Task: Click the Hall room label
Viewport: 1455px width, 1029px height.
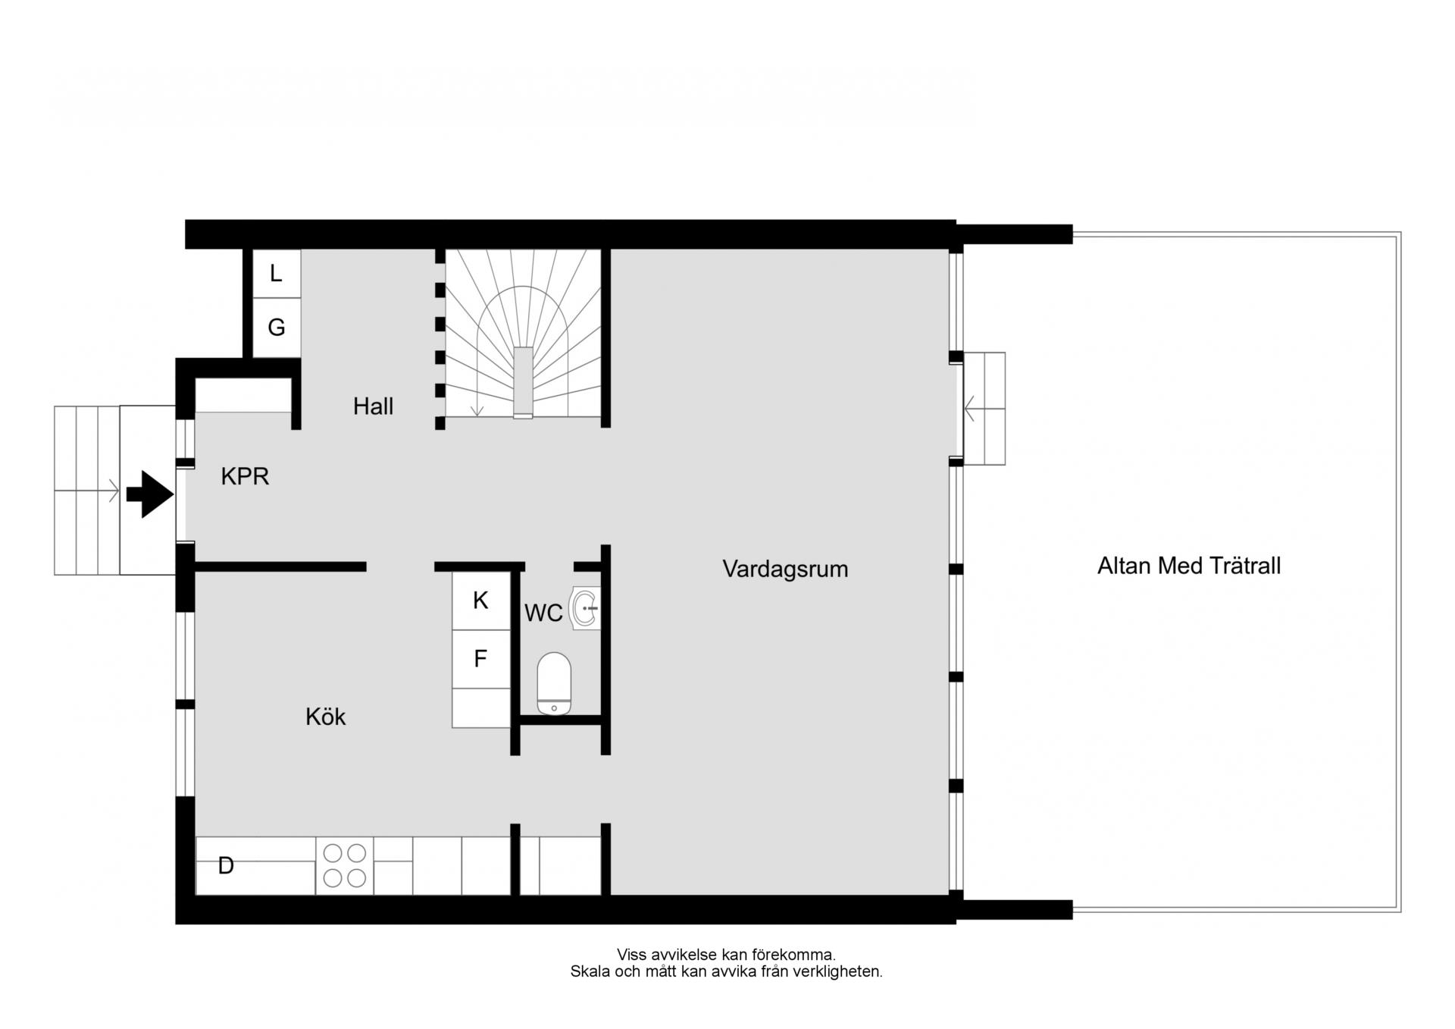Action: [x=373, y=406]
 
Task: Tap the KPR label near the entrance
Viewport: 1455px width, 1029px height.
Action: [x=245, y=476]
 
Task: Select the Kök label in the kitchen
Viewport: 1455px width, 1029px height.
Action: [x=325, y=717]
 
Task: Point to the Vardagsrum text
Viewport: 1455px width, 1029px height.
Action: [x=785, y=569]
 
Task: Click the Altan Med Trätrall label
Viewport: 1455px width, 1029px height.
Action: [x=1189, y=566]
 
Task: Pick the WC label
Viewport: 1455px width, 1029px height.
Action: [x=543, y=613]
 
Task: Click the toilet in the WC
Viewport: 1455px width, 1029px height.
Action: [x=554, y=683]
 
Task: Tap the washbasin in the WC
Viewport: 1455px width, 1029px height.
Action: [x=585, y=608]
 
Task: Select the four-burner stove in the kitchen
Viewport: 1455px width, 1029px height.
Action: [x=345, y=865]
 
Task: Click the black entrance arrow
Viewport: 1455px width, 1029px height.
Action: [x=150, y=494]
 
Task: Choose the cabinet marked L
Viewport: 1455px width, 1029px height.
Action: [x=276, y=274]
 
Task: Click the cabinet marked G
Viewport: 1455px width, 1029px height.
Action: [x=276, y=328]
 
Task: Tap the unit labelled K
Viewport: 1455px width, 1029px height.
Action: [x=481, y=601]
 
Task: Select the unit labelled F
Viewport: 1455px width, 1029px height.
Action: [x=481, y=659]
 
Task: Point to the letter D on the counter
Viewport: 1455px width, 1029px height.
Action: [x=226, y=865]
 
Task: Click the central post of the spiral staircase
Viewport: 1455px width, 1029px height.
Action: [x=523, y=382]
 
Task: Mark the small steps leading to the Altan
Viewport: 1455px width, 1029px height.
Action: [x=984, y=408]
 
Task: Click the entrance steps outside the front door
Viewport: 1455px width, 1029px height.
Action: [x=87, y=490]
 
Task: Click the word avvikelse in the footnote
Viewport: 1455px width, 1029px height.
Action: [x=679, y=955]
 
